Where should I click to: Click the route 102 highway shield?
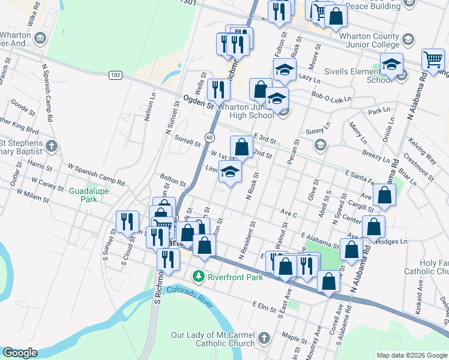coord(116,75)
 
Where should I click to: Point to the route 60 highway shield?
coord(209,137)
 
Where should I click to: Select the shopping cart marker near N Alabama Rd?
coord(432,59)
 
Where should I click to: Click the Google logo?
coord(20,353)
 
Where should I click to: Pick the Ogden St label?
coord(198,101)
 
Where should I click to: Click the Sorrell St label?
coord(187,142)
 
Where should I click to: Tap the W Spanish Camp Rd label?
coord(96,174)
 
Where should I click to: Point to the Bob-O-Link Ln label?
coord(331,96)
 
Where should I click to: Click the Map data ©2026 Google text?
coord(411,355)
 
